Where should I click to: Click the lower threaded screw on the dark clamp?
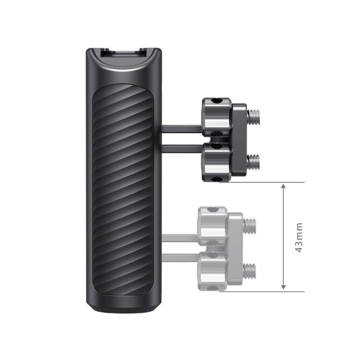[x=253, y=160]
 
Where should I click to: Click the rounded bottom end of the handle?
[x=123, y=308]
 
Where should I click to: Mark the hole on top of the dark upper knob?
[x=218, y=101]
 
